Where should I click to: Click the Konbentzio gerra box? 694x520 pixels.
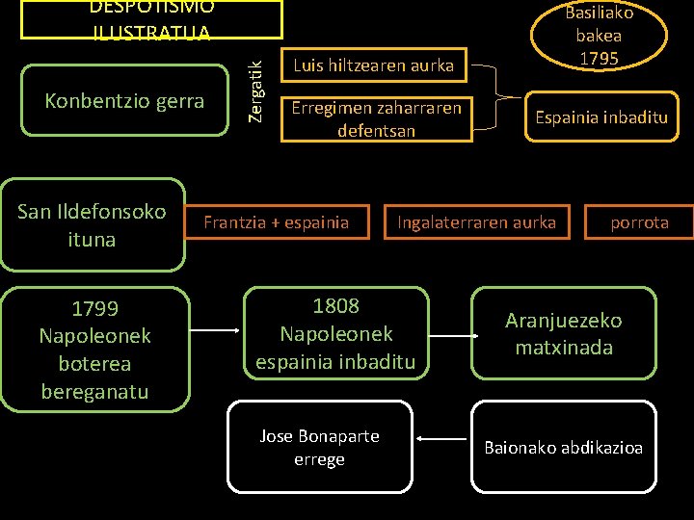coord(124,100)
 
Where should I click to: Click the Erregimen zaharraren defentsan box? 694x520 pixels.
coord(376,119)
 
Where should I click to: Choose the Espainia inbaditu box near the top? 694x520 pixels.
coord(601,117)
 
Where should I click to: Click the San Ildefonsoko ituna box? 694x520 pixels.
coord(93,224)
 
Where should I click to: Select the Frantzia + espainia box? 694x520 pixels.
coord(277,222)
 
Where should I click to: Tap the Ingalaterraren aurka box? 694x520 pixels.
coord(476,222)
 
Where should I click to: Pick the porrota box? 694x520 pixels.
coord(639,222)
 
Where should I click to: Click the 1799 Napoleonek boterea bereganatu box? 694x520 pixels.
coord(94,350)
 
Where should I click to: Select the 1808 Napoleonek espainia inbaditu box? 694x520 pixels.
coord(335,333)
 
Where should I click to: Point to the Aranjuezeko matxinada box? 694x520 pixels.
coord(564,333)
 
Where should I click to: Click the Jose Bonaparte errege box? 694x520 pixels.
coord(319,448)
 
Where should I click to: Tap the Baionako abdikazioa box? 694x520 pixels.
coord(564,448)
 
